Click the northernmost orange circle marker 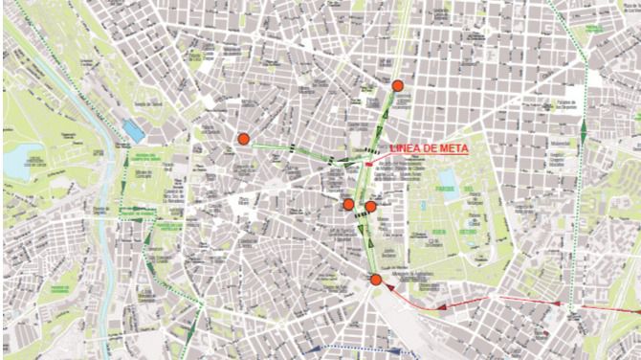pos(398,86)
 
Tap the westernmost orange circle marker pos(243,140)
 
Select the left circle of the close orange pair pos(349,204)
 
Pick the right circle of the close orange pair pos(370,206)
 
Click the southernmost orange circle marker pos(376,280)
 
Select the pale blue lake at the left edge pos(17,163)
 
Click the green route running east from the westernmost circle pos(287,147)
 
